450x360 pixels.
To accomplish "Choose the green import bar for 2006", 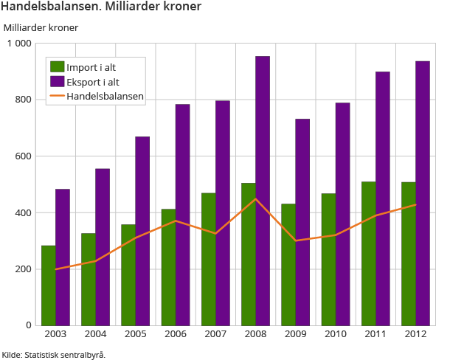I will tap(168, 267).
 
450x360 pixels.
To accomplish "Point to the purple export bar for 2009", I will tap(302, 221).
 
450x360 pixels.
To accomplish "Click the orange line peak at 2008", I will tap(255, 198).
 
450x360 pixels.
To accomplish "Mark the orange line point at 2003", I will tap(55, 269).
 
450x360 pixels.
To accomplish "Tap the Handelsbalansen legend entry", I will tap(104, 95).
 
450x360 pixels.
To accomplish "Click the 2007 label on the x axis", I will tap(215, 335).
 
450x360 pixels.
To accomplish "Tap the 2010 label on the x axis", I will tap(336, 335).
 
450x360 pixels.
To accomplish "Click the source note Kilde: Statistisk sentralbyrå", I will tap(54, 354).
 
